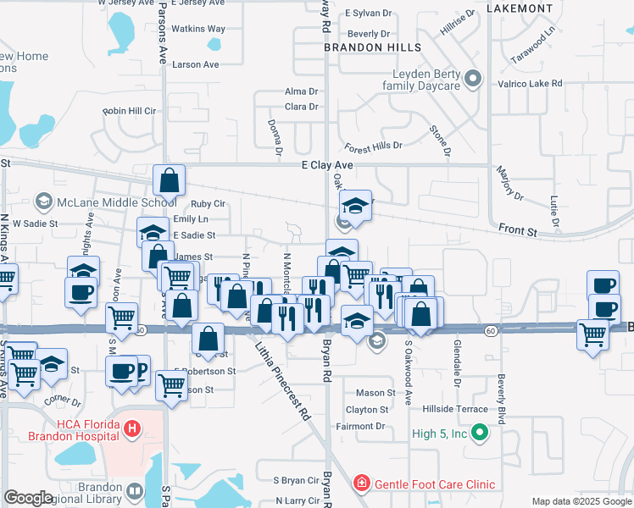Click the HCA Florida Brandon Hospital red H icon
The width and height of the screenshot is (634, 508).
[131, 429]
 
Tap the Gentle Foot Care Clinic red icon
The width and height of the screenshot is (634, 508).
[362, 483]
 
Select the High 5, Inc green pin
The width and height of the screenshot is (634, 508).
[480, 434]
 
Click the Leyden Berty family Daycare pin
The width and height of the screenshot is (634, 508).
[474, 81]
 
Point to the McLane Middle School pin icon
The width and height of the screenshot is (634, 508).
[45, 202]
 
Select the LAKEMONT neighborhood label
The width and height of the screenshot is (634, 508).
[520, 8]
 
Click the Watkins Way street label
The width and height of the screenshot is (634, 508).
[199, 29]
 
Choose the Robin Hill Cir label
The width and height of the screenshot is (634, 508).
[130, 111]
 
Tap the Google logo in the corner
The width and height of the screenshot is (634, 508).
[29, 497]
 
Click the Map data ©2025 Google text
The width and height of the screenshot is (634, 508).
[581, 502]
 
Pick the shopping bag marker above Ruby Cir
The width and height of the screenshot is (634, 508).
[170, 181]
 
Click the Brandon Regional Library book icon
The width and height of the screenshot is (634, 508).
[135, 491]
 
